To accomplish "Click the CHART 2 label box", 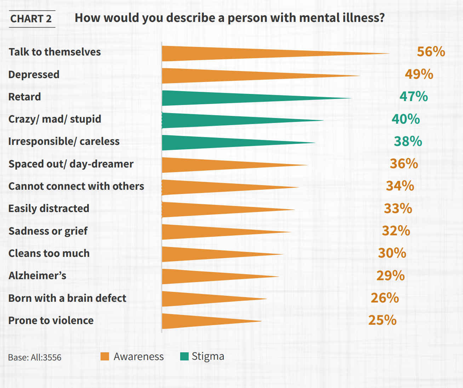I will click(x=31, y=19).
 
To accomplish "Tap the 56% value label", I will click(x=431, y=52).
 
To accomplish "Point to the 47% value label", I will click(x=413, y=96).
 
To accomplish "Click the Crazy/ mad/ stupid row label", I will click(x=55, y=119).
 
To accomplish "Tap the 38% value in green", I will click(x=408, y=141).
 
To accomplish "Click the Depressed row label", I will click(x=34, y=75).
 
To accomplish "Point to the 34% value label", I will click(x=400, y=186).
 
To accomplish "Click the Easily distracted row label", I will click(x=49, y=208).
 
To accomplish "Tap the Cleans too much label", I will click(x=49, y=253).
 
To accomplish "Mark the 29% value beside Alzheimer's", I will click(x=390, y=276).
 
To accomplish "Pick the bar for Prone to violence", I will click(x=198, y=321).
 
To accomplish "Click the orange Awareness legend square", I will click(x=105, y=357).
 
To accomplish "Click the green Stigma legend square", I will click(x=184, y=357).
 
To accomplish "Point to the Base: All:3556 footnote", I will click(x=35, y=358).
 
